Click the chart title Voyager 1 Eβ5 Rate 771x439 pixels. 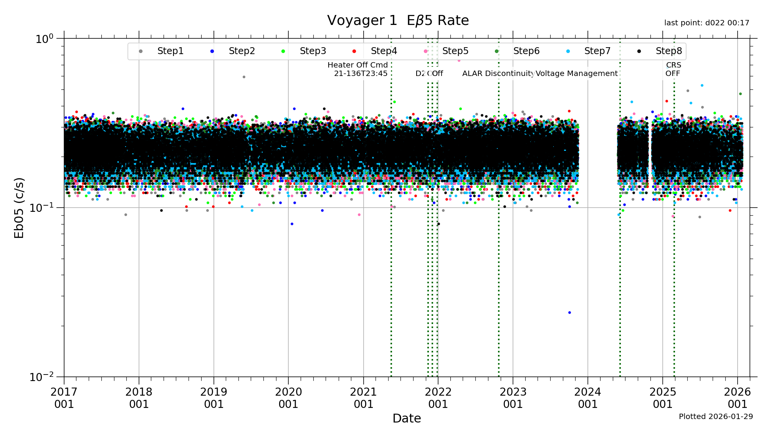398,21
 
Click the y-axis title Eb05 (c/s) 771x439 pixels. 19,208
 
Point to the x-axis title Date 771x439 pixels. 407,418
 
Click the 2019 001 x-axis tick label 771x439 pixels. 214,398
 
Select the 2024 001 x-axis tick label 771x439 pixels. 587,398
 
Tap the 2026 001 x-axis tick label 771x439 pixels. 737,398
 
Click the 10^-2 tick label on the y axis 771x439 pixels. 42,377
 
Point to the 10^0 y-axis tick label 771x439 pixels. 44,39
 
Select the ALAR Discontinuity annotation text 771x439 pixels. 498,74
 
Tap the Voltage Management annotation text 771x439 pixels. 577,74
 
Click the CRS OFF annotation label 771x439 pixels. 673,69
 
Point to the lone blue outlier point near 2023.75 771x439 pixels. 569,312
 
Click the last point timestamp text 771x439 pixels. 706,23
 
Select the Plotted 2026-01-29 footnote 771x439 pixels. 716,417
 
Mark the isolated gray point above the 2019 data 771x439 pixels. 244,77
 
